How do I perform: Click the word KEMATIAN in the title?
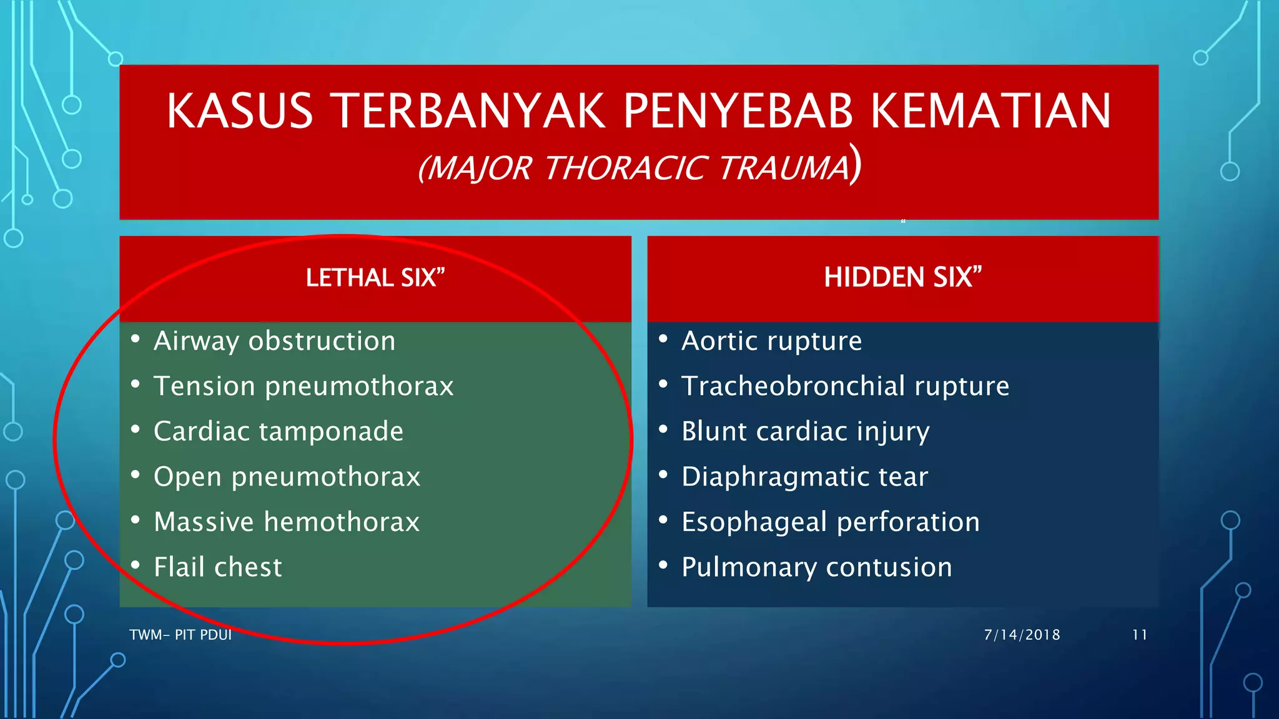pyautogui.click(x=991, y=111)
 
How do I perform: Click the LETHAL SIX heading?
pyautogui.click(x=375, y=278)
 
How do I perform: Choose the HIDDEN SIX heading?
pyautogui.click(x=902, y=277)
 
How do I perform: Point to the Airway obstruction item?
pyautogui.click(x=274, y=341)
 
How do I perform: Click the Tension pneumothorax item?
pyautogui.click(x=304, y=386)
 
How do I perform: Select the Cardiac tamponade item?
pyautogui.click(x=279, y=431)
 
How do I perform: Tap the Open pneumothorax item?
pyautogui.click(x=287, y=477)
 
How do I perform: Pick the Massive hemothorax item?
pyautogui.click(x=287, y=522)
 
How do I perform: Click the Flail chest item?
pyautogui.click(x=217, y=567)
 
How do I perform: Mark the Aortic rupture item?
pyautogui.click(x=771, y=341)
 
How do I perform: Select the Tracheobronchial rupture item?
pyautogui.click(x=845, y=386)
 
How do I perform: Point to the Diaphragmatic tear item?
pyautogui.click(x=804, y=477)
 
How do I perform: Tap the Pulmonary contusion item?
pyautogui.click(x=816, y=567)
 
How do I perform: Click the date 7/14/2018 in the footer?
pyautogui.click(x=1022, y=635)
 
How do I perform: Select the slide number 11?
pyautogui.click(x=1139, y=635)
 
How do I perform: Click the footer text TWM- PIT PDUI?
pyautogui.click(x=180, y=635)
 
